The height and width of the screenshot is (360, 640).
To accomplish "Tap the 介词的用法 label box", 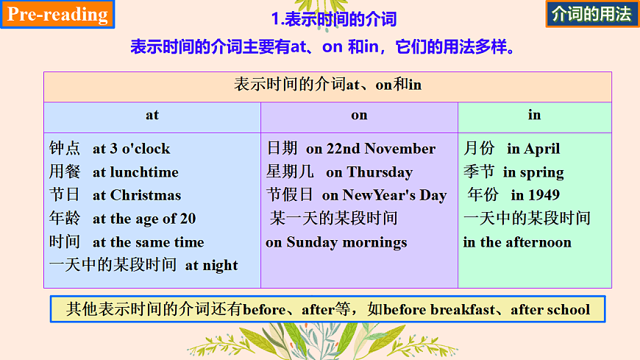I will pyautogui.click(x=591, y=15).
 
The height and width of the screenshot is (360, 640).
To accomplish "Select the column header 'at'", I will pyautogui.click(x=152, y=116).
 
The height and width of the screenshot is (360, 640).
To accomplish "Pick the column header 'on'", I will pyautogui.click(x=359, y=116).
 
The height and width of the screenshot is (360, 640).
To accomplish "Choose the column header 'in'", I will pyautogui.click(x=534, y=116).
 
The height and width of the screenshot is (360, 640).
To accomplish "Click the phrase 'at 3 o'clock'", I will pyautogui.click(x=131, y=149).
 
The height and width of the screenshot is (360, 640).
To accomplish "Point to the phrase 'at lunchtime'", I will pyautogui.click(x=135, y=172).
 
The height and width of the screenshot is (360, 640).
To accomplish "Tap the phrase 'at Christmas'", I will pyautogui.click(x=137, y=196).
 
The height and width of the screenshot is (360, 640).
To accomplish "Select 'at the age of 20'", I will pyautogui.click(x=144, y=219).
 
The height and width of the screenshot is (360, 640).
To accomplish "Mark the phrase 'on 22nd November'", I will pyautogui.click(x=371, y=149).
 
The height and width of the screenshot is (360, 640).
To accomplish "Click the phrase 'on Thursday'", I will pyautogui.click(x=369, y=172).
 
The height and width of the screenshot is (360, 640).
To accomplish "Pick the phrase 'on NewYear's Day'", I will pyautogui.click(x=384, y=196).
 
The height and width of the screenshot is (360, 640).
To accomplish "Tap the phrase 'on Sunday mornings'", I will pyautogui.click(x=336, y=242).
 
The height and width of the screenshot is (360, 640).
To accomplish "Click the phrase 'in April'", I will pyautogui.click(x=533, y=149).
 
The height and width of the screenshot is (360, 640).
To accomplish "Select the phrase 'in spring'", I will pyautogui.click(x=533, y=172).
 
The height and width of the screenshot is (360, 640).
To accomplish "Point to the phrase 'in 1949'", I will pyautogui.click(x=535, y=196).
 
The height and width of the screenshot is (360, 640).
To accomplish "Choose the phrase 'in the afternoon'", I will pyautogui.click(x=517, y=242).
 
